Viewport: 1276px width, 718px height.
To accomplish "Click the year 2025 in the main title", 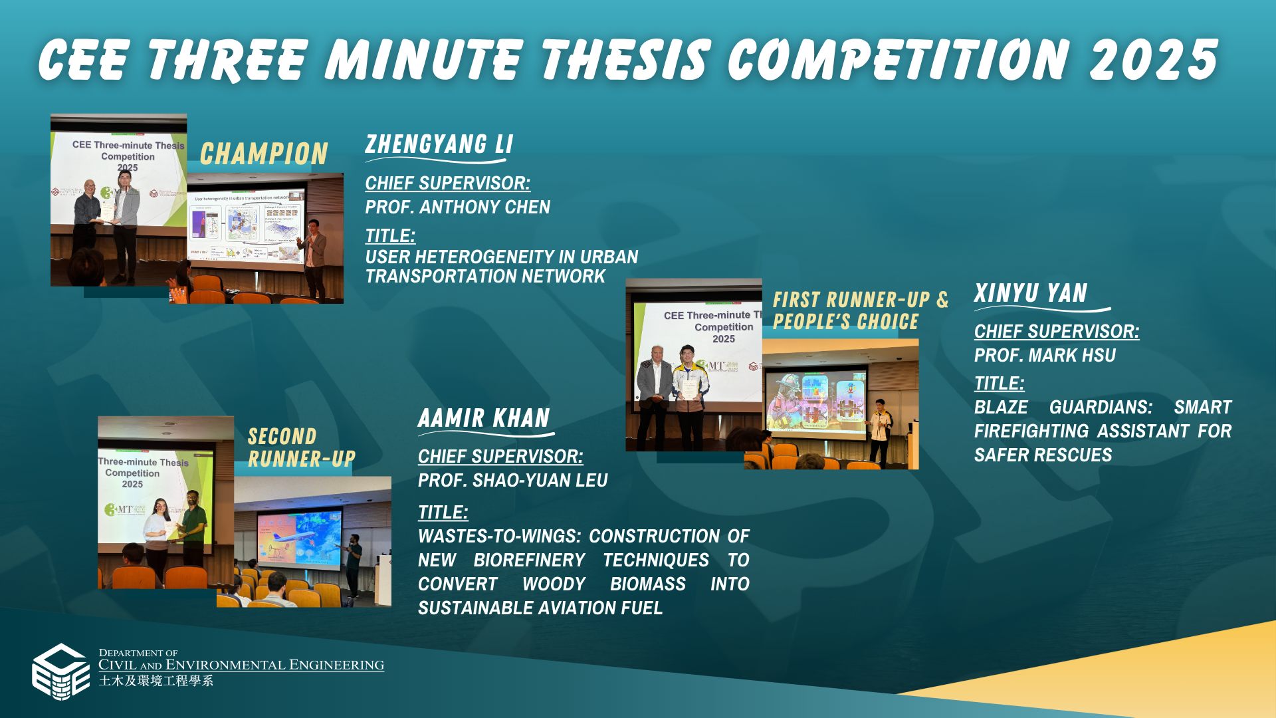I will (1153, 60).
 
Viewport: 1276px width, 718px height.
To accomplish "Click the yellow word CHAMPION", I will (264, 154).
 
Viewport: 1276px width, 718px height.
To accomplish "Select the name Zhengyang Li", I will (439, 144).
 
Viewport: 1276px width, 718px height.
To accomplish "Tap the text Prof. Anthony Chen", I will (457, 207).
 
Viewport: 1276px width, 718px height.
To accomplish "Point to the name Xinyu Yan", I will (1030, 293).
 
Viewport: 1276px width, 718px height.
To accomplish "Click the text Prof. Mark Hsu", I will (1044, 356).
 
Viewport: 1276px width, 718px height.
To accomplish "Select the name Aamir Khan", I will (484, 418).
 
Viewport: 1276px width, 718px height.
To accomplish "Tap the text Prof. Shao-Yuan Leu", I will (512, 481).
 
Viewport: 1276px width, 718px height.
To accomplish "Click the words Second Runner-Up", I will (300, 447).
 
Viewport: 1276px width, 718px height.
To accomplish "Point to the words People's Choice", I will (845, 322).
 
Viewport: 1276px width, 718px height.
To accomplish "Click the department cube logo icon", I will (60, 671).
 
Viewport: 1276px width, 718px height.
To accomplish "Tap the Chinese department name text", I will (156, 681).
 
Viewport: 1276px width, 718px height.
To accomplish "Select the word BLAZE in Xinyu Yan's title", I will (1000, 408).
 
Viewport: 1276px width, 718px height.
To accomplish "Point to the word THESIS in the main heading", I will (625, 60).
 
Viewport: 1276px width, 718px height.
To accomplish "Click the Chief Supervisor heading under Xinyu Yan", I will (1056, 332).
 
